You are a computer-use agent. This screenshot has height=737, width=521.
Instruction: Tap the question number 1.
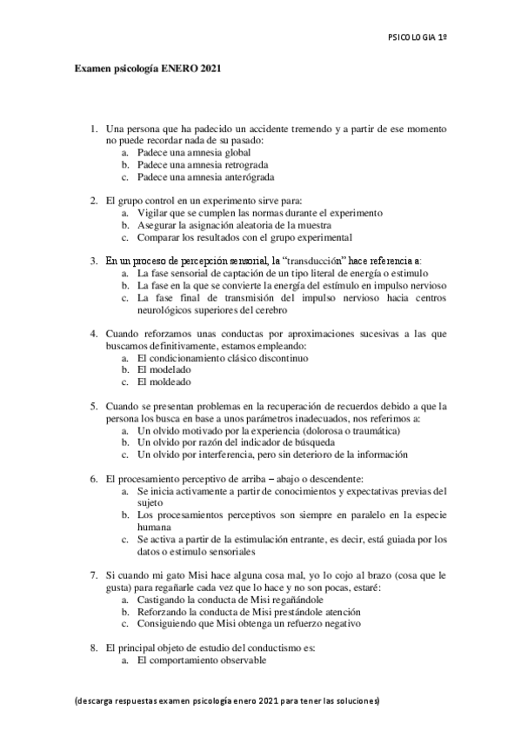click(x=94, y=129)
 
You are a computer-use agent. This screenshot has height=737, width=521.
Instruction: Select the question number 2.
click(x=94, y=201)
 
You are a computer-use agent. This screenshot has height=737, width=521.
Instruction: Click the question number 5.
click(x=94, y=405)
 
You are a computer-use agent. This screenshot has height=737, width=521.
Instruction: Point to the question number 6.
click(x=94, y=477)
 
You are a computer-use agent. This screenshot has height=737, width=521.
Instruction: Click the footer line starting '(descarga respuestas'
click(x=229, y=700)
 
